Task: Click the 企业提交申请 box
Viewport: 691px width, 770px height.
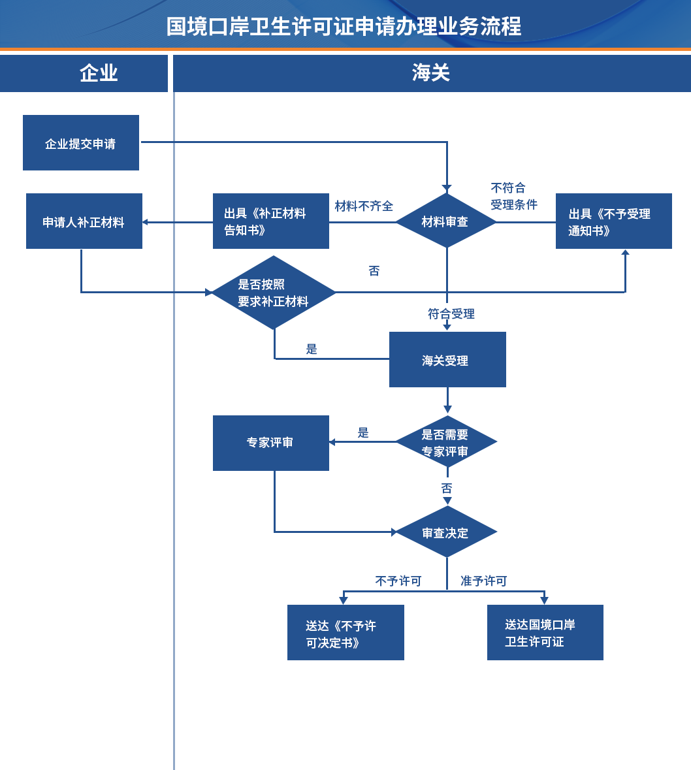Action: (x=81, y=143)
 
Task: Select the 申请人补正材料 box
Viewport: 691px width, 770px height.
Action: (x=84, y=221)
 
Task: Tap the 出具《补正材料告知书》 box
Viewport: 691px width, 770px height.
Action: (x=270, y=221)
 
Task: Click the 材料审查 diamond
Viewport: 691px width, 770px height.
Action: (x=447, y=221)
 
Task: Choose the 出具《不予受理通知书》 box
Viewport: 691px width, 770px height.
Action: (x=614, y=221)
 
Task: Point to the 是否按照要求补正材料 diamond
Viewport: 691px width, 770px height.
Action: (x=274, y=292)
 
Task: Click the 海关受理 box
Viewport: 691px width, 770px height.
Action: (x=447, y=359)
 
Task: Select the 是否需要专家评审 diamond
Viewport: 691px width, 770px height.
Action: (x=447, y=442)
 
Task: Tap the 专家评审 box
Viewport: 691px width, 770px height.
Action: (x=270, y=443)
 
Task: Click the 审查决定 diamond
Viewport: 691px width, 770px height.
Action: (x=447, y=532)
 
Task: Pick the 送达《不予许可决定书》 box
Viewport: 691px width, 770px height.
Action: (x=345, y=632)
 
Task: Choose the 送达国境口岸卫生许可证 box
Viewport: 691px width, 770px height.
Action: (x=545, y=632)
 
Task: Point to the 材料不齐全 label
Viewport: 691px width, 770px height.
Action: (x=364, y=206)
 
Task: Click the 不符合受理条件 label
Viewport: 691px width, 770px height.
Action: (x=514, y=197)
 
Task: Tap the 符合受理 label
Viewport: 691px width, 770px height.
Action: (x=451, y=313)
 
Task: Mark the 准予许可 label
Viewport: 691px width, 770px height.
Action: (x=484, y=581)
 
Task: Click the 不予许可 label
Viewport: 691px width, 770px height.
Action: (x=398, y=581)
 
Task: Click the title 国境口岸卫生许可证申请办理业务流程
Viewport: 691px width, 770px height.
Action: (x=344, y=27)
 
